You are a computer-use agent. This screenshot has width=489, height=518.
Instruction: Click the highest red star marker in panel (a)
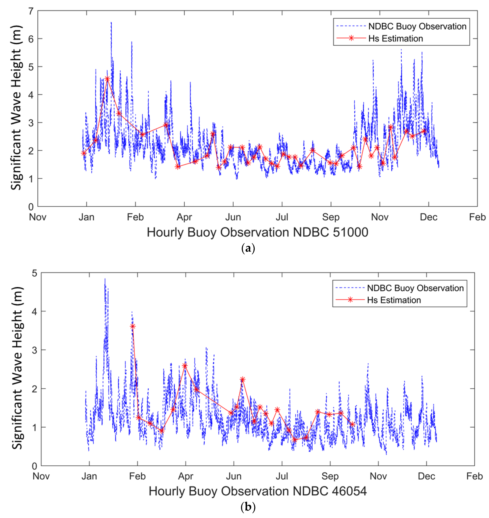[107, 79]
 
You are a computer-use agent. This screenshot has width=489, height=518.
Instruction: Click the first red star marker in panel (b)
[133, 326]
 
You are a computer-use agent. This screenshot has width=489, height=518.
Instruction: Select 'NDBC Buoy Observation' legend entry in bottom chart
[415, 288]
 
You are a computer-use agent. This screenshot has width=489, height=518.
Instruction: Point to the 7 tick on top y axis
[31, 11]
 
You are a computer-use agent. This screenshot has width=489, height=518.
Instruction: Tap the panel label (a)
[248, 248]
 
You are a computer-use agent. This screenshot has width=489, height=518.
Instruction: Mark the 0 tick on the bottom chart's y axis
[34, 466]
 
